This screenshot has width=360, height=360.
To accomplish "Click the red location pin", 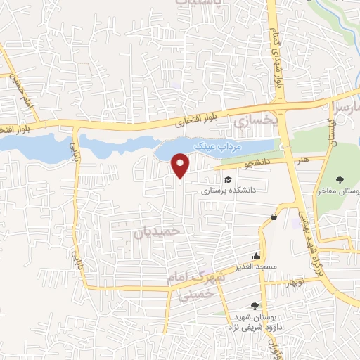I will point(181,165).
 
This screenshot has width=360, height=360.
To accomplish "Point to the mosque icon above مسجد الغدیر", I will point(256,257).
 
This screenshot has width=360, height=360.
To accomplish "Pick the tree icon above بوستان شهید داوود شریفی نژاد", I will point(254,305).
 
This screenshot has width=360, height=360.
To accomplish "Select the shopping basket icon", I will point(272,217).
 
